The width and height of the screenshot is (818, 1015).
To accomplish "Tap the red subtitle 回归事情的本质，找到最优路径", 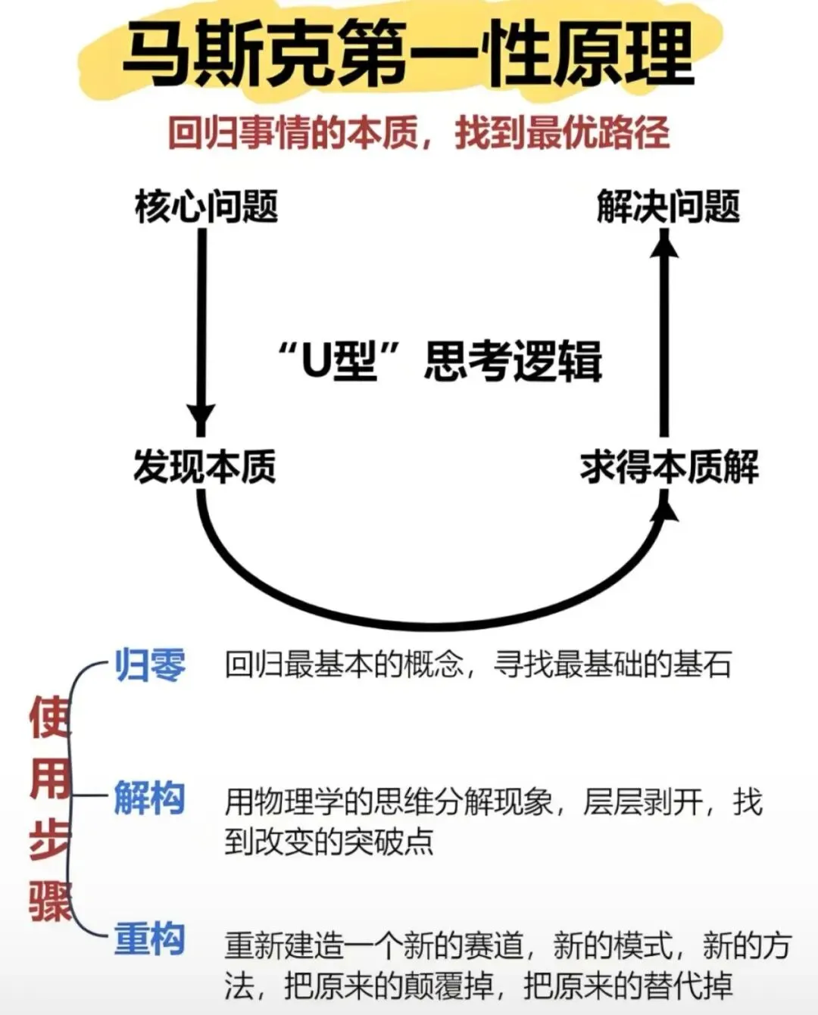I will (418, 133).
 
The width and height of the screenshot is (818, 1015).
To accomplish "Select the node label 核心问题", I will (206, 206).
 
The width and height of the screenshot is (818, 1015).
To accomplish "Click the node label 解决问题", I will (668, 206).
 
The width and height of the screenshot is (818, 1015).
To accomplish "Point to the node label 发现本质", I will (204, 466).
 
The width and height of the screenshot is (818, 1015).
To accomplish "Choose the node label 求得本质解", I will (670, 466).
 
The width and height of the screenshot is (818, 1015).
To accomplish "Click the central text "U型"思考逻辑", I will (439, 361).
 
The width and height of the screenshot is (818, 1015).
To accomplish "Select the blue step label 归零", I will (150, 665).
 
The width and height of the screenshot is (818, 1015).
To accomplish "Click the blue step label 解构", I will (150, 798).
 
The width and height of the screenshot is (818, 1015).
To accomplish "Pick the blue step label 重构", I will (150, 939).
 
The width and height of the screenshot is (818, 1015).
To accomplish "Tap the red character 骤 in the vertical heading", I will (50, 901).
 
